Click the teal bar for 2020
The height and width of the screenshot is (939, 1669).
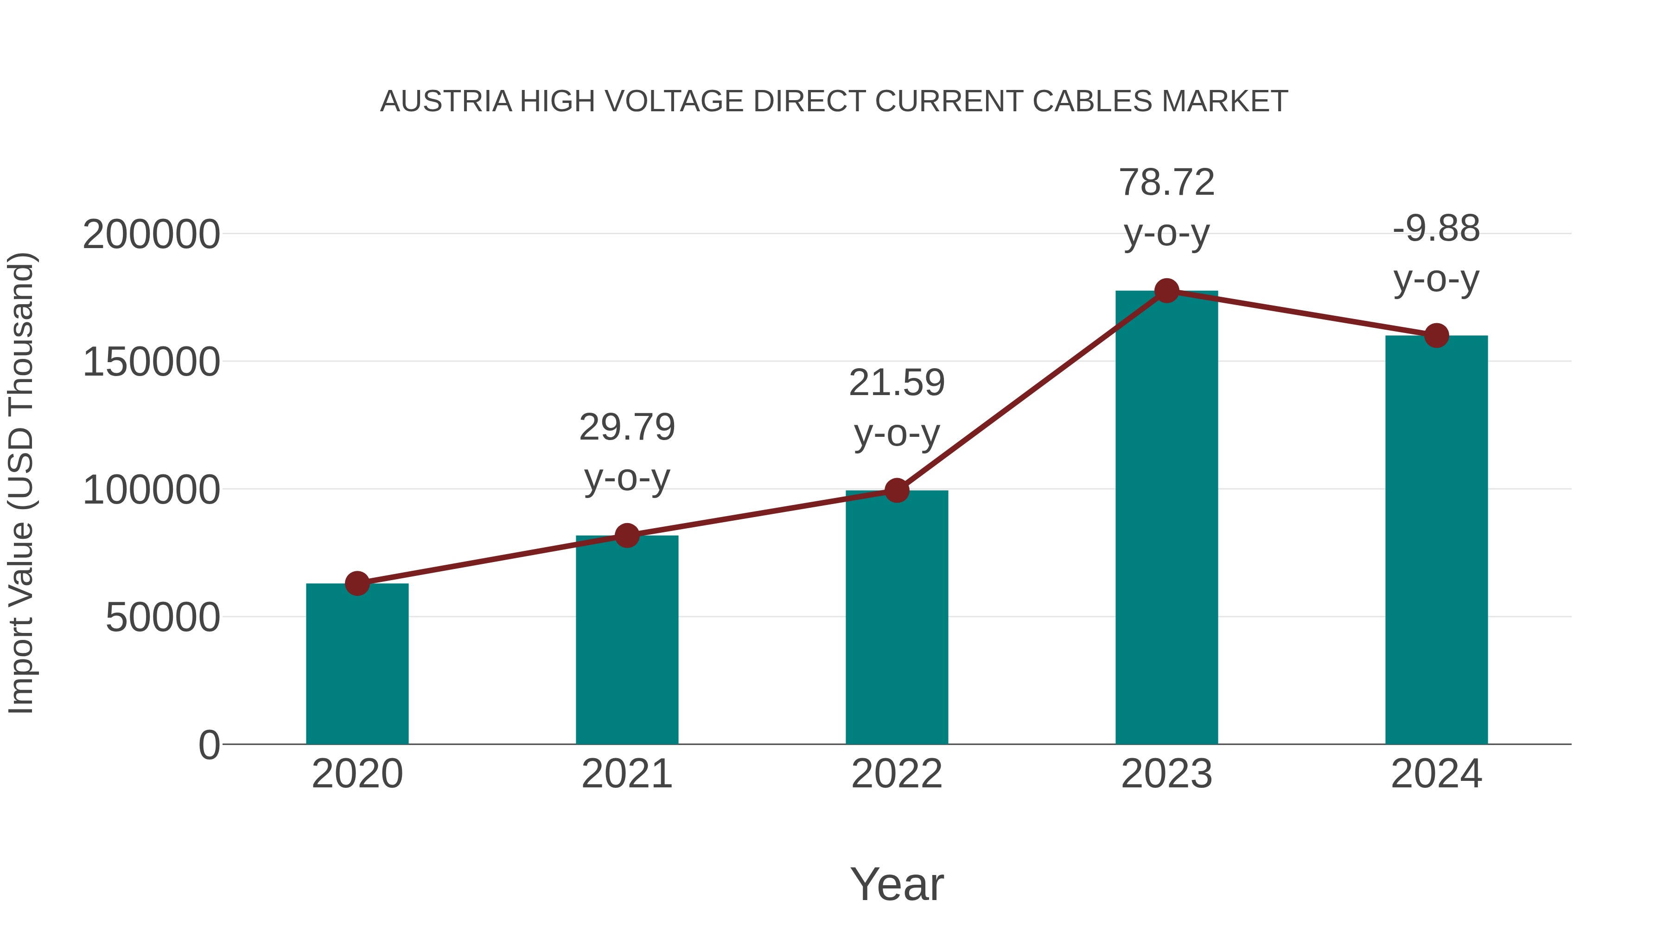[357, 664]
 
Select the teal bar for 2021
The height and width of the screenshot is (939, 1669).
[626, 640]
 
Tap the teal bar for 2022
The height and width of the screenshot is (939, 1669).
[897, 618]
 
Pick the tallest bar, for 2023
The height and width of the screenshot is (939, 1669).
[1166, 518]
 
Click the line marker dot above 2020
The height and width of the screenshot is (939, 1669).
[357, 584]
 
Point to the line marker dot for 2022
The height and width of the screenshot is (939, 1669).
[897, 491]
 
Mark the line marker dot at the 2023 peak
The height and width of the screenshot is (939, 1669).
[1166, 291]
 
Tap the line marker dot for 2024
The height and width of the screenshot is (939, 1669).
[1436, 336]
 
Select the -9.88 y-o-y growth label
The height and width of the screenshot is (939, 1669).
[1436, 254]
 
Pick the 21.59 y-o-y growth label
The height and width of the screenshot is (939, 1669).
[897, 408]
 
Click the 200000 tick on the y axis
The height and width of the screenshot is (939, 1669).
[151, 235]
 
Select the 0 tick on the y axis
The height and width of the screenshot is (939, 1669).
[209, 745]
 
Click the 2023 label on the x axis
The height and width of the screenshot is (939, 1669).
[1166, 774]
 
